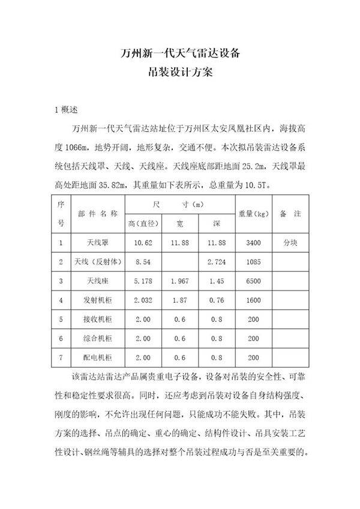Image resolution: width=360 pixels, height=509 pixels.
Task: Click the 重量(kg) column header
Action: pyautogui.click(x=252, y=213)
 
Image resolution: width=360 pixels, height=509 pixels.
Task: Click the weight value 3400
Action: pyautogui.click(x=252, y=243)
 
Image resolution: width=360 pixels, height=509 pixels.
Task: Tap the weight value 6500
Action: pyautogui.click(x=252, y=281)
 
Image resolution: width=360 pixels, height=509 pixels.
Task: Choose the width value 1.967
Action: pyautogui.click(x=179, y=281)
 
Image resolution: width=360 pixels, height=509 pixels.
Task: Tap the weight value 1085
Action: pyautogui.click(x=252, y=262)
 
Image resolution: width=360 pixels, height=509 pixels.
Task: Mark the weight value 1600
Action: pyautogui.click(x=252, y=300)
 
